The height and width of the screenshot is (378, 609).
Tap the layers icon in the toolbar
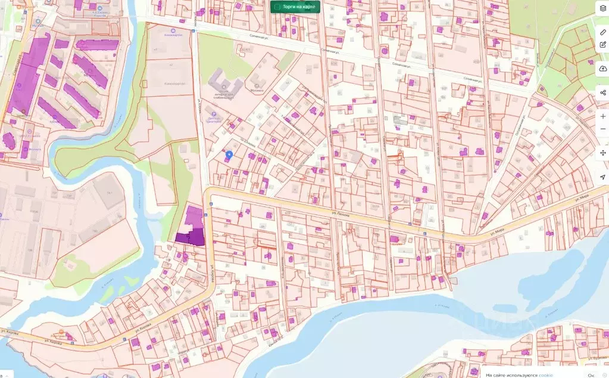(602, 8)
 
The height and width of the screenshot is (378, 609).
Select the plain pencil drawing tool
(602, 32)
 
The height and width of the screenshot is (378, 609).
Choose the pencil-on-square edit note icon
(602, 44)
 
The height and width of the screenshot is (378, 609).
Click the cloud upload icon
(602, 69)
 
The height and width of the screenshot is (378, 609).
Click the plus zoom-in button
(602, 116)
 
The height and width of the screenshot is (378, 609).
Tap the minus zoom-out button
(602, 129)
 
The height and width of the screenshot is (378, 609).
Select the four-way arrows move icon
(602, 153)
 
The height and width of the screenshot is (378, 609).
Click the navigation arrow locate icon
(602, 178)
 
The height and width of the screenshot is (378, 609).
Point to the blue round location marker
(229, 154)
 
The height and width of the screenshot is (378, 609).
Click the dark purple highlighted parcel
(190, 237)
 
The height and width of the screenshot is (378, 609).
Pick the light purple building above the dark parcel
(194, 215)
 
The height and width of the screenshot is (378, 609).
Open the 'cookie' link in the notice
(545, 374)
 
